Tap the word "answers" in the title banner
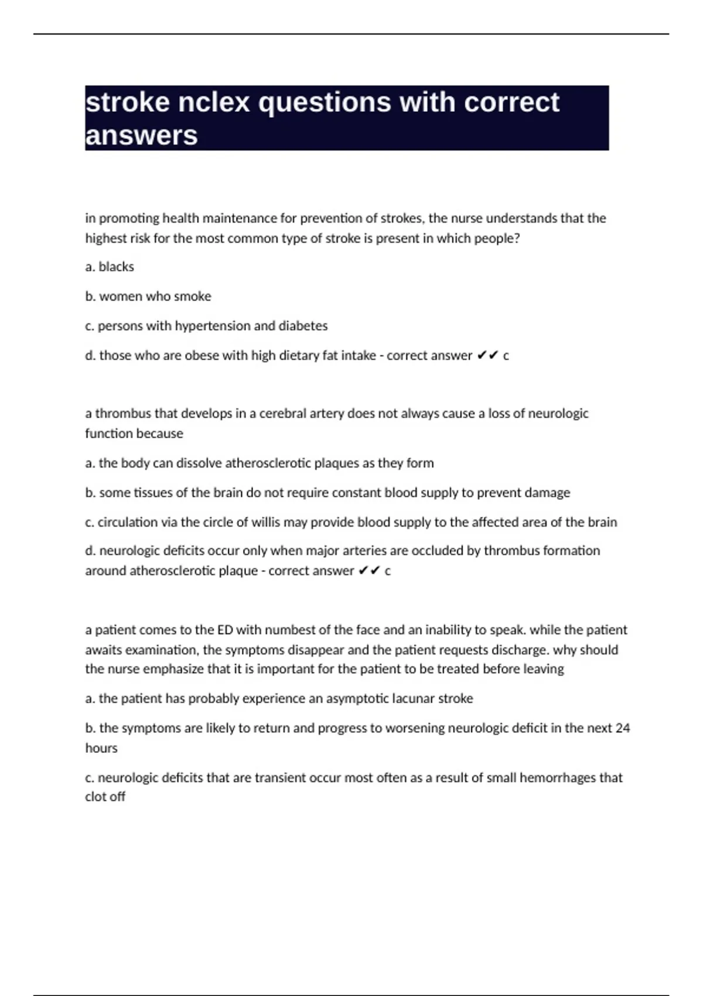tap(141, 135)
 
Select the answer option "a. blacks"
tap(110, 267)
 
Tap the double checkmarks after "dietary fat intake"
tap(487, 356)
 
